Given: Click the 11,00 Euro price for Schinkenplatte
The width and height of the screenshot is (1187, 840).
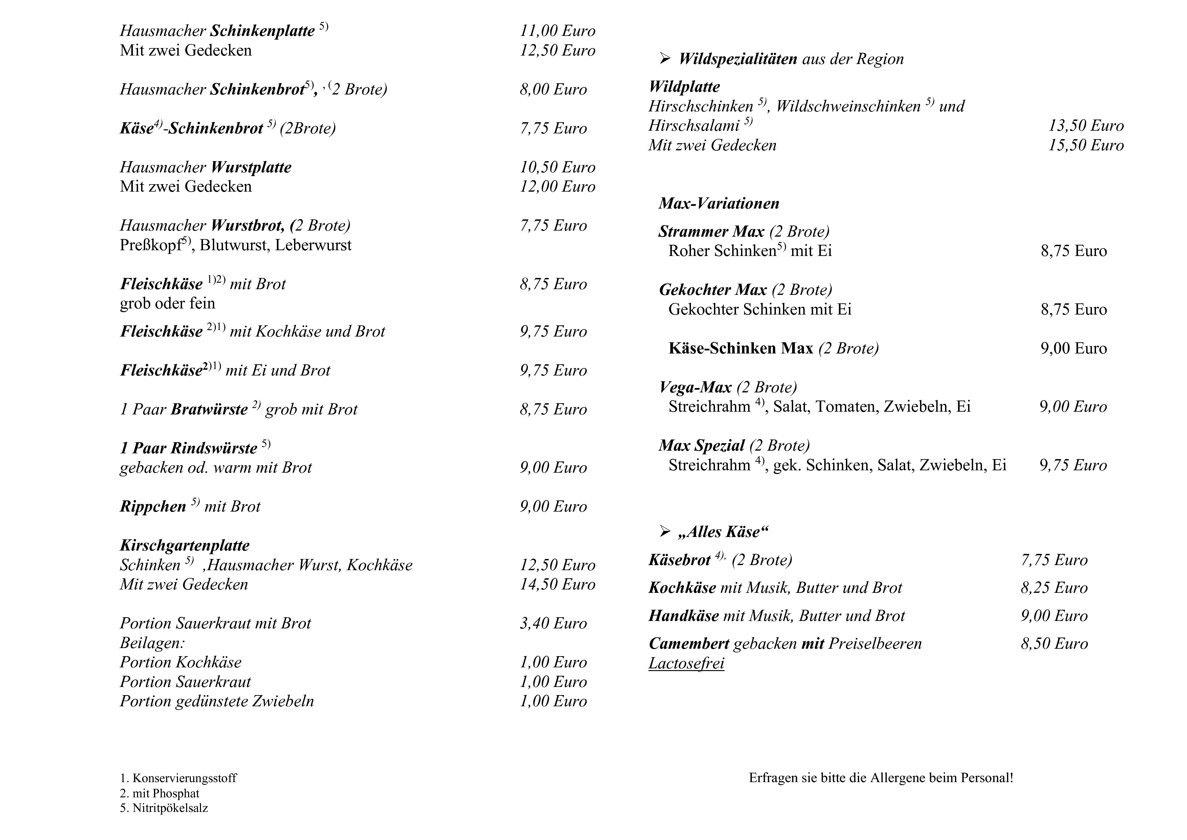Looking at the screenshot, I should pyautogui.click(x=557, y=31).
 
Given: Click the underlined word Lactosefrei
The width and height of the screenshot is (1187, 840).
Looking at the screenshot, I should pyautogui.click(x=686, y=663).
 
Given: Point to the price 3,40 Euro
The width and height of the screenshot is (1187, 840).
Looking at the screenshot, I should pyautogui.click(x=553, y=623).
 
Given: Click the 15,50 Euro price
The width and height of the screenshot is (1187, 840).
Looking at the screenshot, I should pyautogui.click(x=1086, y=145).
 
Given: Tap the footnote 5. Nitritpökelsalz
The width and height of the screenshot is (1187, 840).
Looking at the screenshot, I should pyautogui.click(x=164, y=808).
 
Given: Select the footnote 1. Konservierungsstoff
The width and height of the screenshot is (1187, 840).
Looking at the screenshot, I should pyautogui.click(x=178, y=778).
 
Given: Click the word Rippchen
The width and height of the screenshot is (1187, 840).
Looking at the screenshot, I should pyautogui.click(x=153, y=507).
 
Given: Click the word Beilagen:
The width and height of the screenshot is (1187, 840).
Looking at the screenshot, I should pyautogui.click(x=153, y=643).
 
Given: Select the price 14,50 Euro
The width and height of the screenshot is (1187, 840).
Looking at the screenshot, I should pyautogui.click(x=557, y=584).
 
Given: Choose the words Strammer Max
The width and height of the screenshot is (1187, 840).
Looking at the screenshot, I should pyautogui.click(x=711, y=231).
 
